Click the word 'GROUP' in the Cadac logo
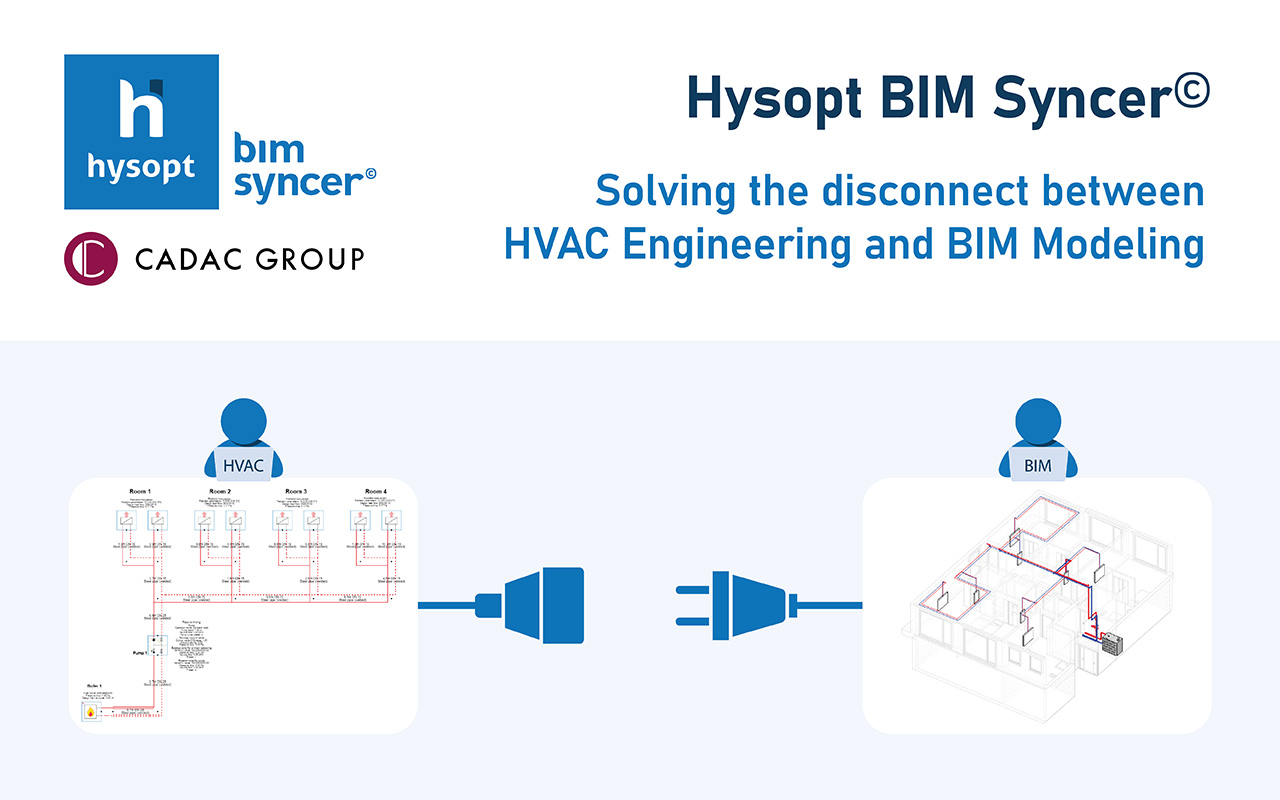pyautogui.click(x=308, y=259)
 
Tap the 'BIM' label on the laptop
pyautogui.click(x=1040, y=464)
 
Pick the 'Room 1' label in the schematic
pyautogui.click(x=139, y=492)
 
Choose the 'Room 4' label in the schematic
pyautogui.click(x=375, y=492)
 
